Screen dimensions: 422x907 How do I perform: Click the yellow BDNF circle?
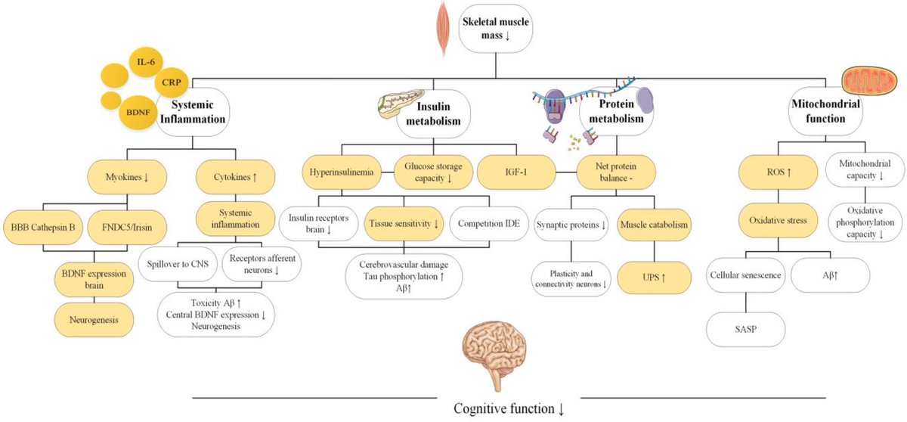click(x=138, y=117)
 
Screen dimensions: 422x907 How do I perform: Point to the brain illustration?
click(x=492, y=349)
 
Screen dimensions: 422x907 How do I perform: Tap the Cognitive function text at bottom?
click(x=509, y=409)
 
